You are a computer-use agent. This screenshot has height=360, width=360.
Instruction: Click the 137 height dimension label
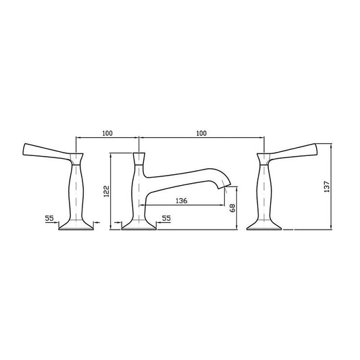pos(326,187)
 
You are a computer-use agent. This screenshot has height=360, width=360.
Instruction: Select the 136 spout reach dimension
pos(181,200)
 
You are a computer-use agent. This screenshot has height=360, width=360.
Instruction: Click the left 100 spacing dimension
pos(107,134)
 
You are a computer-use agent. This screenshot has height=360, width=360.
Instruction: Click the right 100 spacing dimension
pos(201,134)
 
